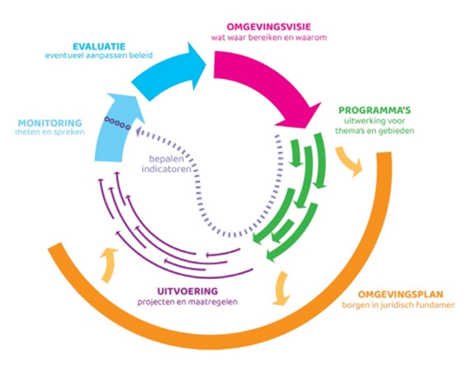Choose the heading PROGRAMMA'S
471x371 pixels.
click(375, 110)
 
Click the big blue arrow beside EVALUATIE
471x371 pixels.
click(169, 71)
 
